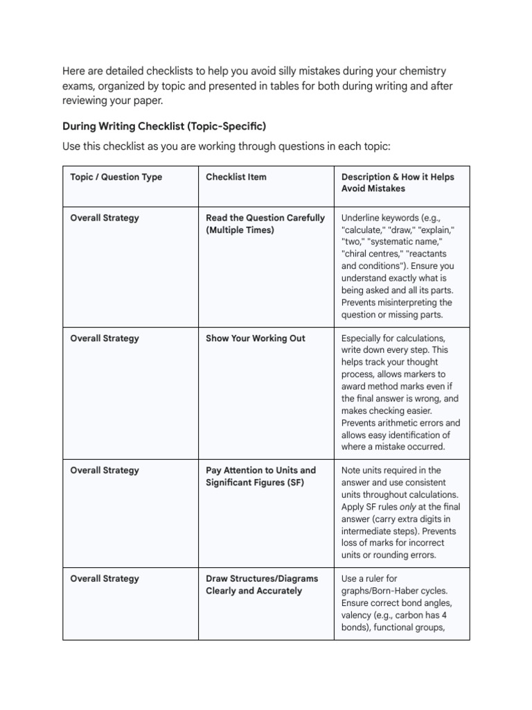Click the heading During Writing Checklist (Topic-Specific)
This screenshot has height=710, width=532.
[x=164, y=126]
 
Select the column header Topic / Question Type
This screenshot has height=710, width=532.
[x=116, y=177]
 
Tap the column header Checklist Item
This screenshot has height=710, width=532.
[x=236, y=177]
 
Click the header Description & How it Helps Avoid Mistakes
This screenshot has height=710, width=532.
[x=397, y=182]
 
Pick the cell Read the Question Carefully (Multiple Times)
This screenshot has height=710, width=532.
[x=265, y=224]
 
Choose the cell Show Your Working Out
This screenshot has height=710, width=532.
[x=255, y=338]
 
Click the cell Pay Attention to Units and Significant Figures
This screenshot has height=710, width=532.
[x=260, y=476]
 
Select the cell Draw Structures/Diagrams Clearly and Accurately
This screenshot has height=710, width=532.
[x=261, y=585]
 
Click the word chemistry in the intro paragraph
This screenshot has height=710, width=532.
[x=423, y=71]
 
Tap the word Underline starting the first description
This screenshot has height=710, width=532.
[x=364, y=218]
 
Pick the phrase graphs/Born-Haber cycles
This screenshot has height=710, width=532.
[x=394, y=591]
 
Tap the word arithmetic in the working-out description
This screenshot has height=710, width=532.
[x=397, y=423]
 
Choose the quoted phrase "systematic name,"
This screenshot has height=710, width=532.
[x=404, y=242]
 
